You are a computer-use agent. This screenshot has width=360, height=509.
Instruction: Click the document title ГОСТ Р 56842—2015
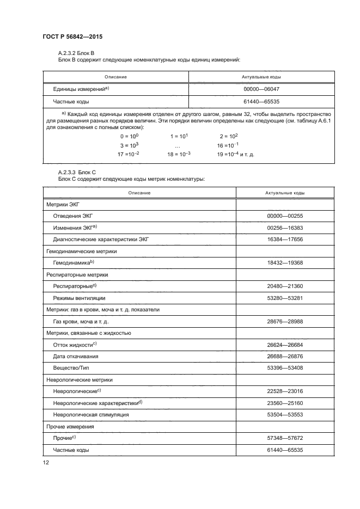pyautogui.click(x=72, y=37)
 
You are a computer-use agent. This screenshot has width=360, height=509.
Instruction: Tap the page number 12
pyautogui.click(x=46, y=463)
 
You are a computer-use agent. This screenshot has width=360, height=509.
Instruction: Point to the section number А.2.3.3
pyautogui.click(x=68, y=174)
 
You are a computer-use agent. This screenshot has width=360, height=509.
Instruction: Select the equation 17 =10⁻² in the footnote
pyautogui.click(x=129, y=155)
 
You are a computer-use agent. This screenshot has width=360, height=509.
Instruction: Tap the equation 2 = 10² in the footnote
pyautogui.click(x=229, y=136)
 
